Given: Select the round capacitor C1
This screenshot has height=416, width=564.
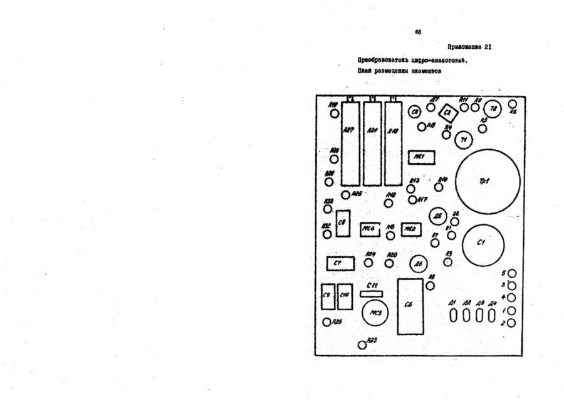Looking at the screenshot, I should (484, 244).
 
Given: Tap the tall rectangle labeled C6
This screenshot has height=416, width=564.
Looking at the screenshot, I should (409, 306).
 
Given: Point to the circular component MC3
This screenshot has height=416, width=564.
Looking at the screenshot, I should (376, 311).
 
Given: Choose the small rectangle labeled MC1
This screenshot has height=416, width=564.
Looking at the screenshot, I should (420, 157).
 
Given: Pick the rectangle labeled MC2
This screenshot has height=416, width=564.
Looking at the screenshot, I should (411, 229).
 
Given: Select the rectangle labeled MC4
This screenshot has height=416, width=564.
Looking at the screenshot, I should (370, 229).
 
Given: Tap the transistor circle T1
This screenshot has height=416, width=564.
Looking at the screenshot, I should (464, 140).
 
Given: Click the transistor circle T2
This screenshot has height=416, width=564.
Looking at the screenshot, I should (493, 109).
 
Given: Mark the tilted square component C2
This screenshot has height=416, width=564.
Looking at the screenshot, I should (447, 113).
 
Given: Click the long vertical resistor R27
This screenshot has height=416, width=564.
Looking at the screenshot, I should (350, 143).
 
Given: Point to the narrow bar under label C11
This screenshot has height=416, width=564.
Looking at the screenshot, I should (372, 292).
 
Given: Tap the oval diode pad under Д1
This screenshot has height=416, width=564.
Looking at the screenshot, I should (453, 316).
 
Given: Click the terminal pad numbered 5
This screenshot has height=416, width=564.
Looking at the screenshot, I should (512, 274).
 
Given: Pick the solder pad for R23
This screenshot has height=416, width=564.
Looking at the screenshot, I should (362, 345).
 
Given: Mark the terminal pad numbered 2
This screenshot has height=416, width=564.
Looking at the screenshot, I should (512, 323).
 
